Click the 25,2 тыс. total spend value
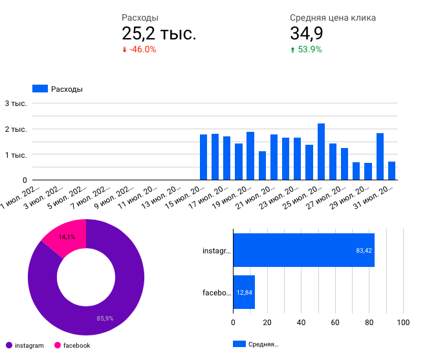tap(159, 34)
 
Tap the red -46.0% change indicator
tap(139, 49)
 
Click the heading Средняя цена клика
tap(333, 18)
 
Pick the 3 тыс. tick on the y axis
tap(16, 103)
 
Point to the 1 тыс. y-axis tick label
tap(16, 155)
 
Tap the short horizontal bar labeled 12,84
tap(244, 292)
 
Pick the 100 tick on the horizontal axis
tap(403, 321)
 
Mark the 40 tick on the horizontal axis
tap(301, 321)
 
